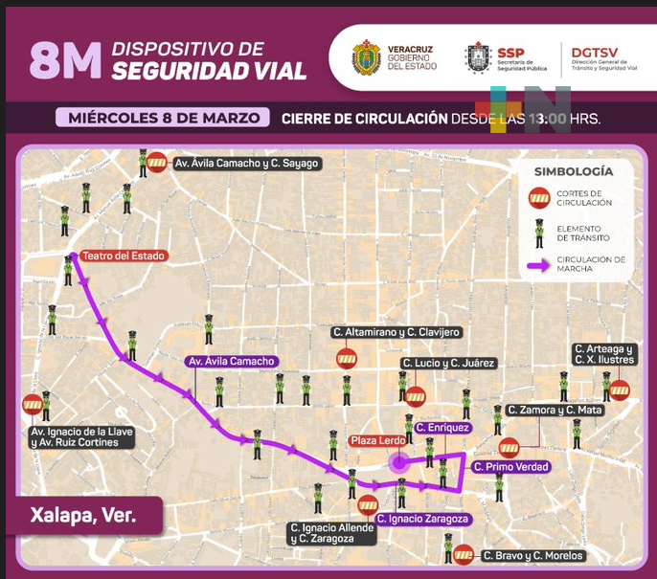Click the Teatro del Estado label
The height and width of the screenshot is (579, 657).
click(124, 256)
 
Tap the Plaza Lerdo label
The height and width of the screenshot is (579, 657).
click(378, 440)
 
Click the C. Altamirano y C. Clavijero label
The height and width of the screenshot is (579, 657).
click(396, 332)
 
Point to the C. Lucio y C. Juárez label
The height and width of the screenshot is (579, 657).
click(448, 363)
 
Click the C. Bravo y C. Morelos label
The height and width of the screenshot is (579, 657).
click(532, 555)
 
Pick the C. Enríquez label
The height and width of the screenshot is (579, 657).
click(442, 426)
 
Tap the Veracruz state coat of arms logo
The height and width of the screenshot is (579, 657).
click(366, 56)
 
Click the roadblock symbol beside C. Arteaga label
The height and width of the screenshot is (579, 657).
click(620, 390)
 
